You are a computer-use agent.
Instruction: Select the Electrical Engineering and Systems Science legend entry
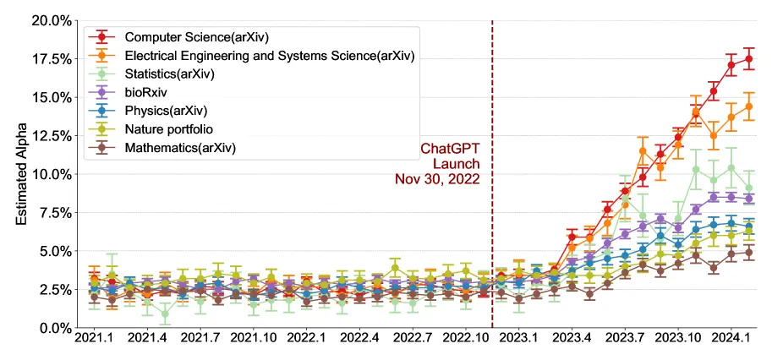click(269, 55)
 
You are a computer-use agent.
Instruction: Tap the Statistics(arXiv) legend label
click(169, 74)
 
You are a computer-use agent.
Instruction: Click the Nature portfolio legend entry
click(168, 129)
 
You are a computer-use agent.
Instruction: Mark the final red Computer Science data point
click(748, 59)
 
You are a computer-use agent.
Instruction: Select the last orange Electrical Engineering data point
click(748, 106)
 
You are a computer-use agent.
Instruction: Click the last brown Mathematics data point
click(748, 253)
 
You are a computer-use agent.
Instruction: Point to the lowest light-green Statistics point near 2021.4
click(165, 314)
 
